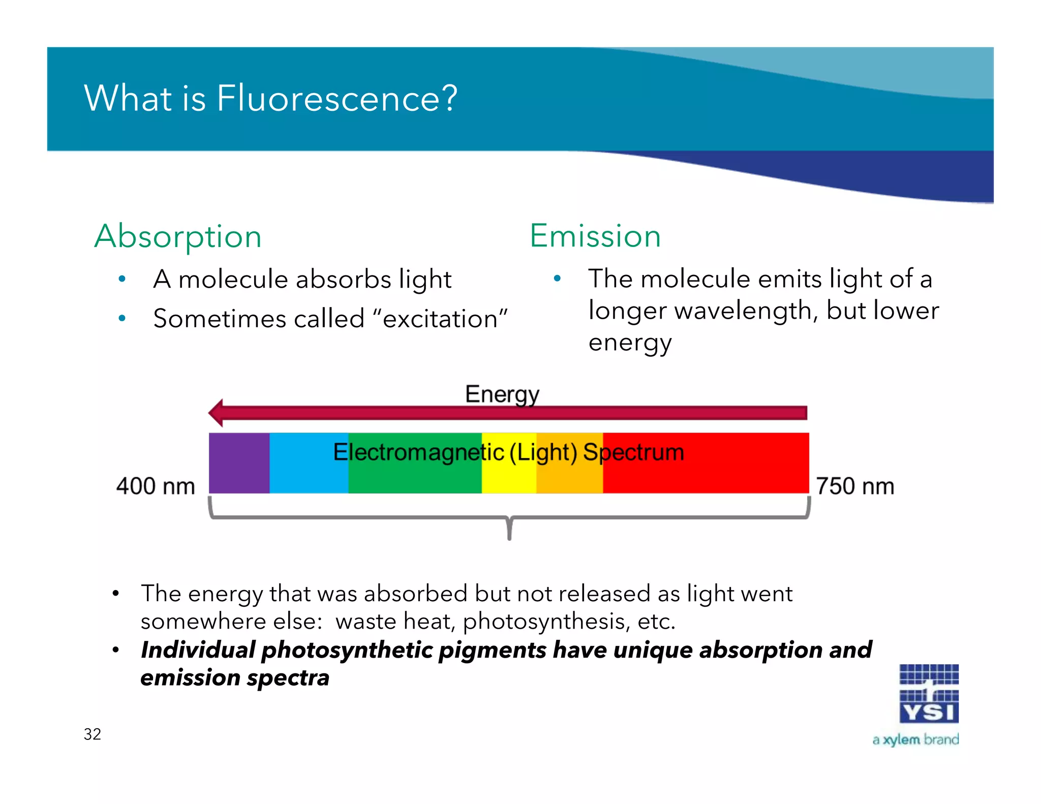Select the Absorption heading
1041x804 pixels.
tap(178, 236)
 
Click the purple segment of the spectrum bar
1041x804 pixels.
tap(239, 463)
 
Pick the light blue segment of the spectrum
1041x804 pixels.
tap(309, 463)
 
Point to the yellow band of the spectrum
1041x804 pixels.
tap(509, 475)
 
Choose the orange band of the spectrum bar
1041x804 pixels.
tap(569, 475)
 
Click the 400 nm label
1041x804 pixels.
tap(156, 486)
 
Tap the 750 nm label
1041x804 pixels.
tap(855, 486)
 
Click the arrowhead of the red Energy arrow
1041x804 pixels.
tap(217, 413)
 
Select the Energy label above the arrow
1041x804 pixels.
tap(502, 394)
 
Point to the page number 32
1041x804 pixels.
tap(93, 734)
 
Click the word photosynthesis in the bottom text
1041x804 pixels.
tap(543, 621)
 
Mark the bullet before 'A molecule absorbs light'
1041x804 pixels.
tap(122, 279)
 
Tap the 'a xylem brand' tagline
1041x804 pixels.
tap(915, 739)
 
